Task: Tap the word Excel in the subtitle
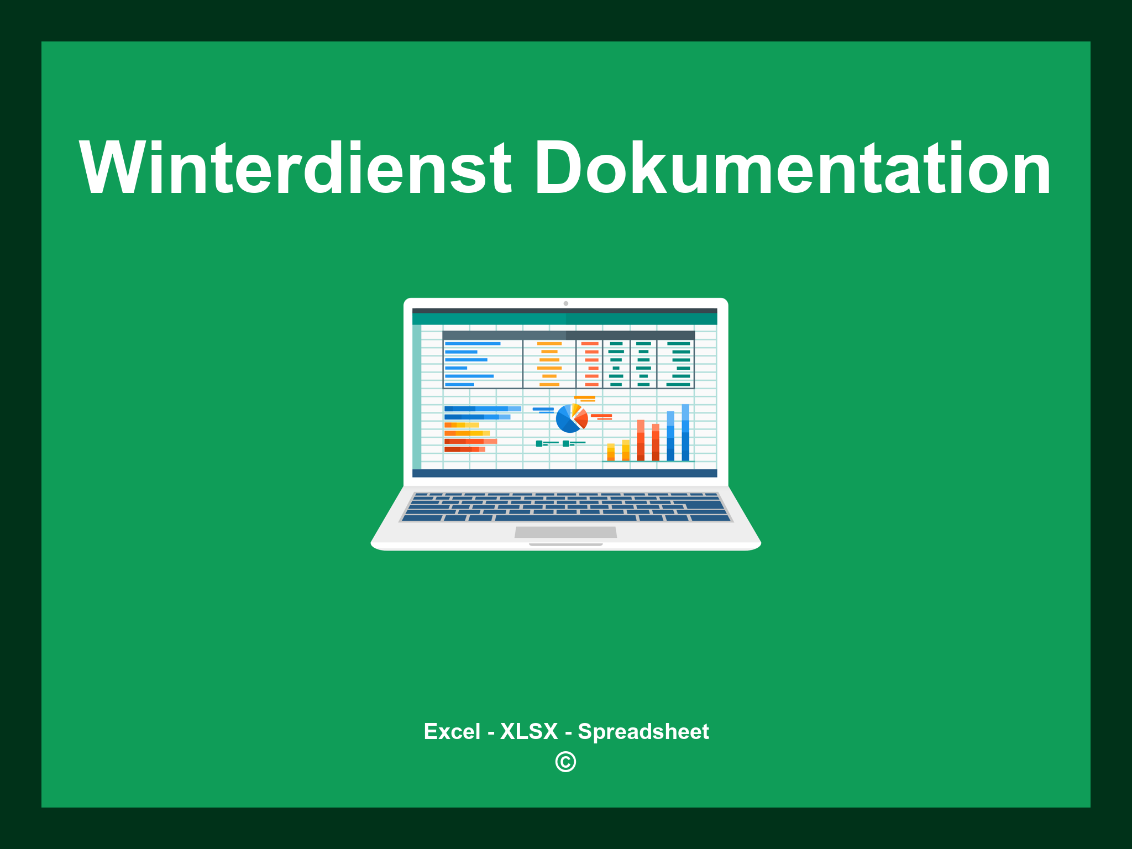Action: click(x=452, y=731)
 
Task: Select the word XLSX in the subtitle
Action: click(x=529, y=731)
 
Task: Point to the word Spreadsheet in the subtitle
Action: click(x=643, y=731)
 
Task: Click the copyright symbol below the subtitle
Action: click(x=565, y=762)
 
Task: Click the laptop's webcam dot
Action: click(x=565, y=303)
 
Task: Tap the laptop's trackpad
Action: click(x=565, y=532)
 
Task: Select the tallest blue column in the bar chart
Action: click(x=685, y=432)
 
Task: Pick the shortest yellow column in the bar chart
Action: click(x=611, y=452)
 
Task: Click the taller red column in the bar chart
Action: click(x=641, y=440)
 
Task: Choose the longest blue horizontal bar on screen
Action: click(x=482, y=409)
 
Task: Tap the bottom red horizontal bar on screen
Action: click(x=464, y=449)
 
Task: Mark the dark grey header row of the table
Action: click(x=568, y=335)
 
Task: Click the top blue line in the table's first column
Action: click(x=473, y=344)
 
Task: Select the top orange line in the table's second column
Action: click(x=549, y=344)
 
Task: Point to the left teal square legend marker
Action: click(x=539, y=443)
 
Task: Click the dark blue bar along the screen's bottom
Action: click(x=564, y=473)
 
